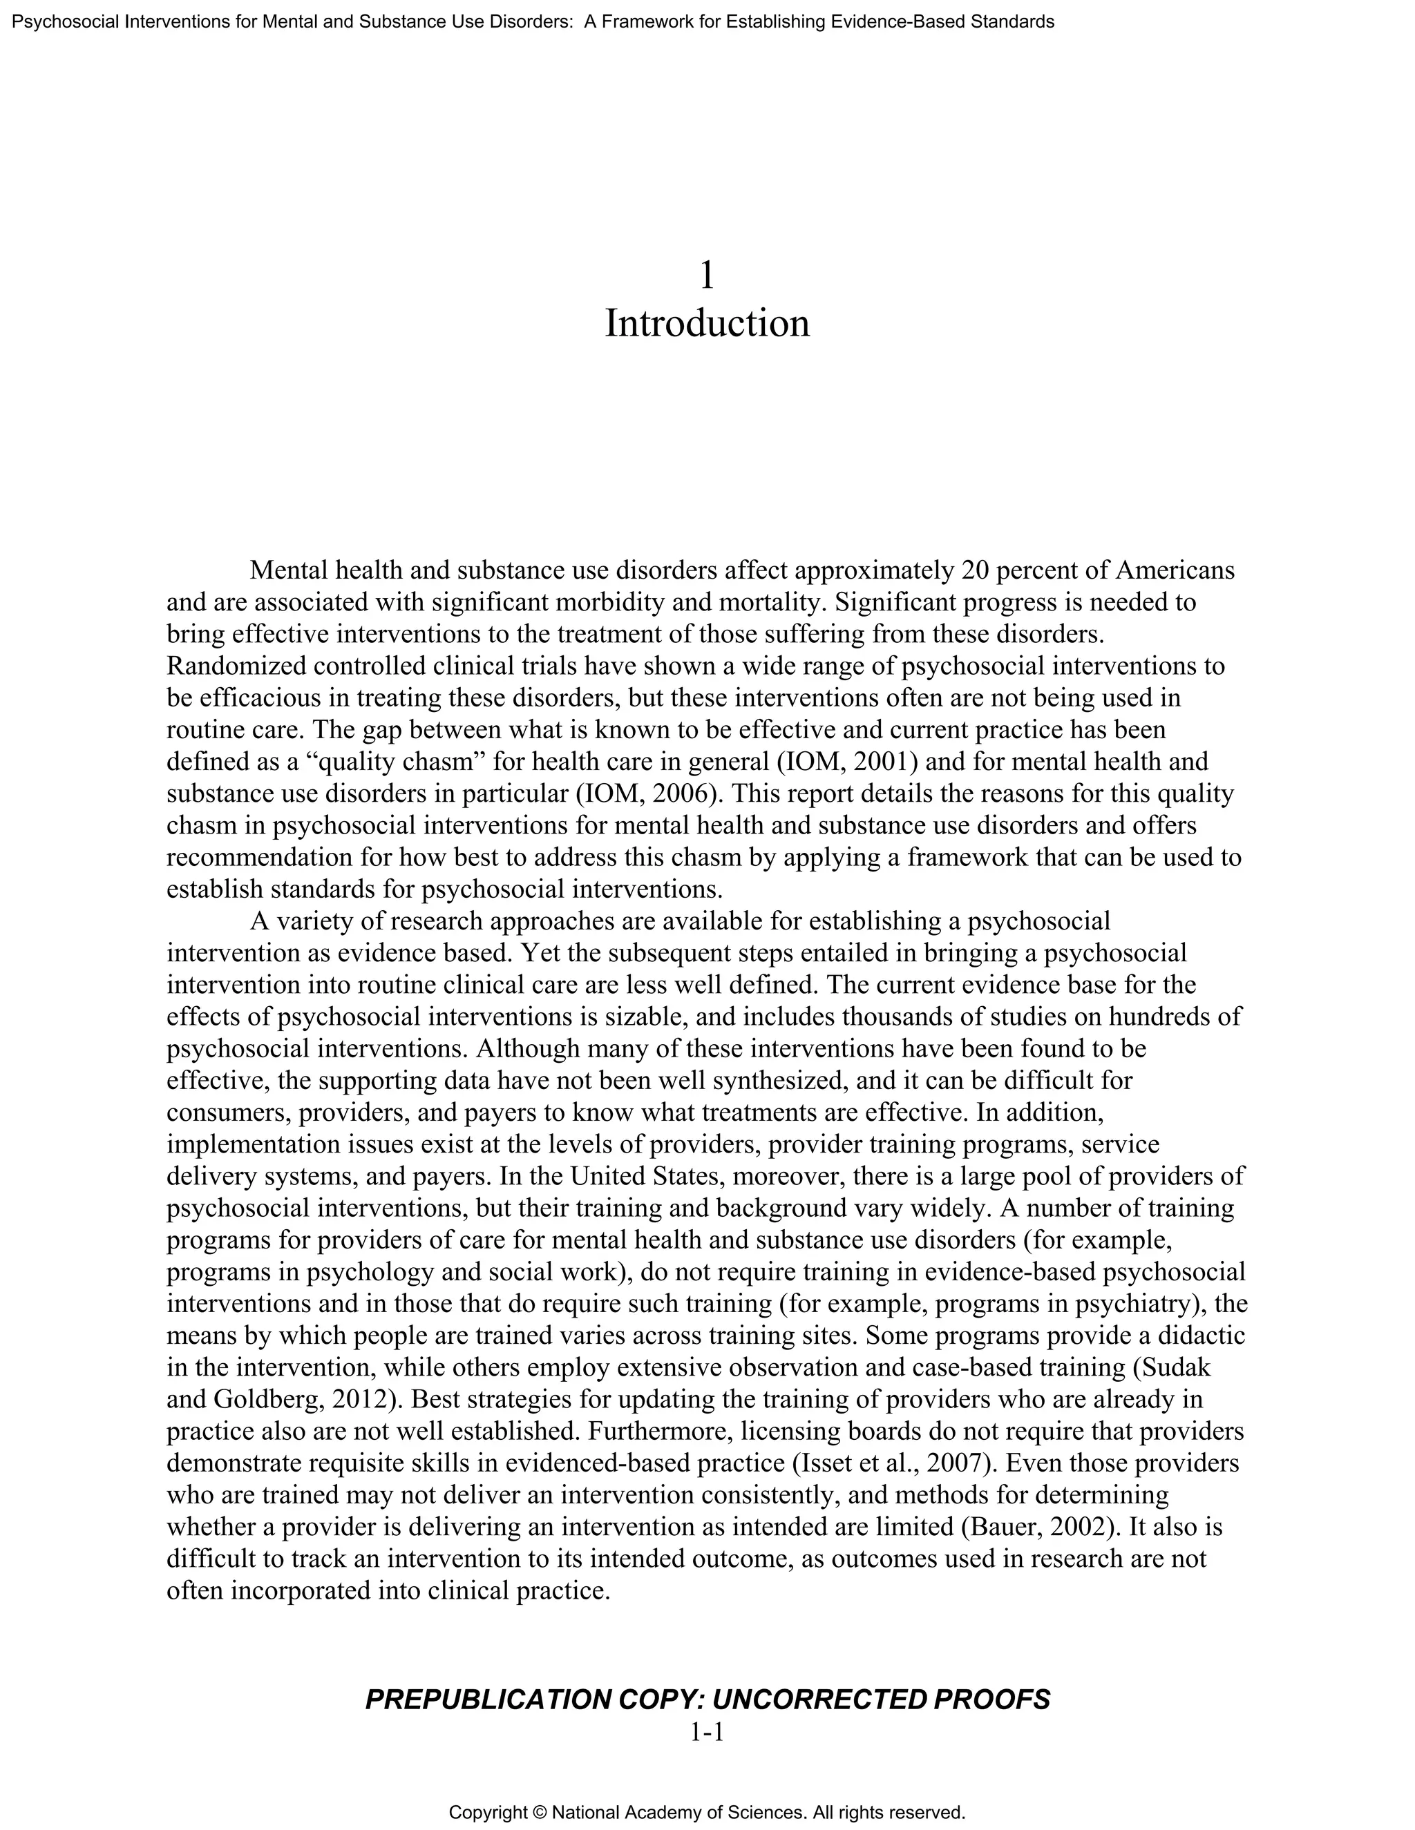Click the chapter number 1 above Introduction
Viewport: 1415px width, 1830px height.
pos(707,275)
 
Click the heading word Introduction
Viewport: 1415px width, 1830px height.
pos(707,323)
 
